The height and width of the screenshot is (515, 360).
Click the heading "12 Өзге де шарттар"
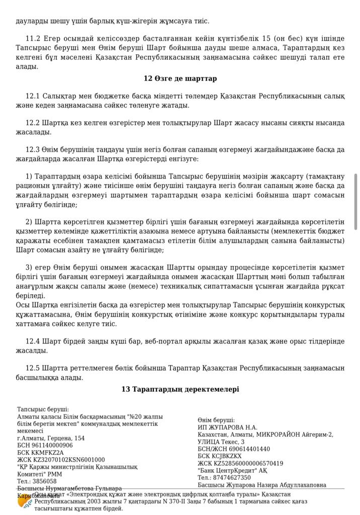(x=180, y=78)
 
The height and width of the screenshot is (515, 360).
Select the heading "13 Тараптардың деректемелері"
(x=180, y=389)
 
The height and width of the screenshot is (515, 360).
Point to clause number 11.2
(x=33, y=38)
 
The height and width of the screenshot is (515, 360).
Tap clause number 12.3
(x=33, y=149)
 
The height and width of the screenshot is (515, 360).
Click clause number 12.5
(x=33, y=368)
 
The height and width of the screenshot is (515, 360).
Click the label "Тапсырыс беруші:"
(x=43, y=410)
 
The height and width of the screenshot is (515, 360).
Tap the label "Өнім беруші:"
(x=216, y=420)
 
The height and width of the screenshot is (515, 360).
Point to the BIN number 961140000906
(x=51, y=446)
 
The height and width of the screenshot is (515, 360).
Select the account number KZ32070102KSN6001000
(x=68, y=460)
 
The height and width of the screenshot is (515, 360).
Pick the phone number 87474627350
(x=232, y=478)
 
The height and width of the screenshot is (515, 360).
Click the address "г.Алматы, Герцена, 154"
(x=51, y=439)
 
